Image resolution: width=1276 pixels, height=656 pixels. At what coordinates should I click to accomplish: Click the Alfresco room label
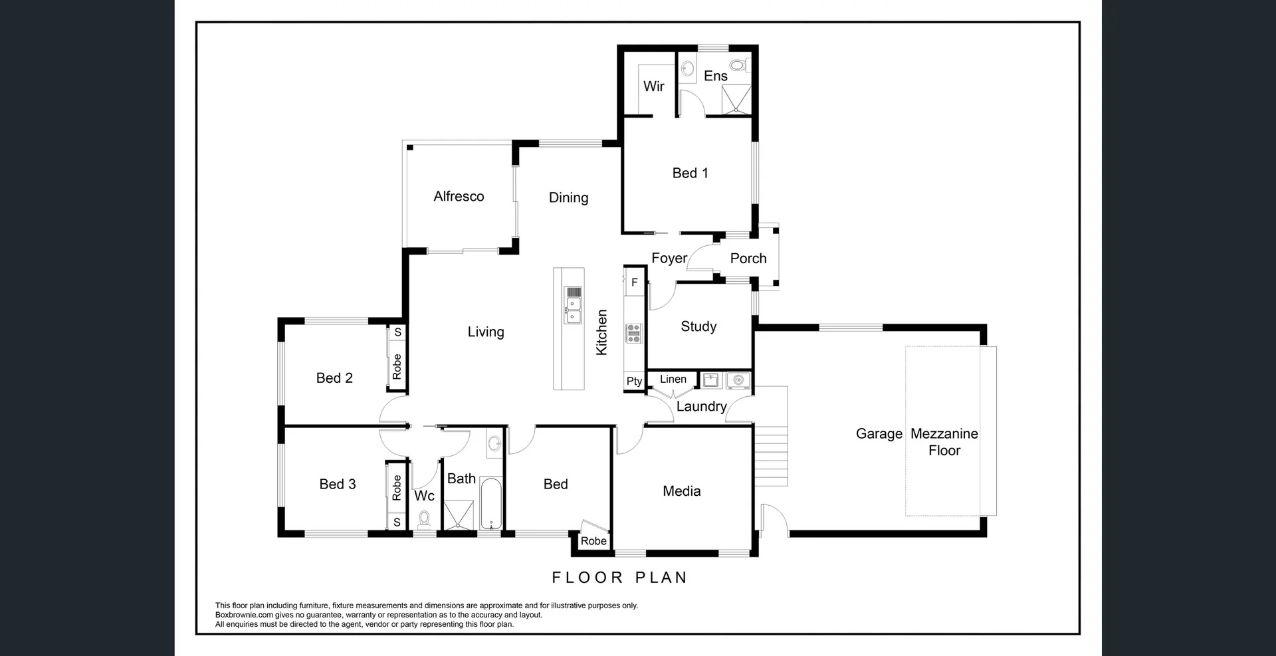[459, 196]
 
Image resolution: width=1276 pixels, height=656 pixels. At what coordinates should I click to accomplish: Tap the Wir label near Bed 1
[653, 86]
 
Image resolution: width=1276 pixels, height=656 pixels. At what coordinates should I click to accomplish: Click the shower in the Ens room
[736, 100]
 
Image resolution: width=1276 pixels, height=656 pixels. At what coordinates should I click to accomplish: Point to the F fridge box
[635, 282]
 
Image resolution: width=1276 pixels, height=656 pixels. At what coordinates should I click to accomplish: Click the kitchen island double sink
[572, 310]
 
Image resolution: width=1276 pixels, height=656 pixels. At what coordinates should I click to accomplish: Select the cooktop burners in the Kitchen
[634, 333]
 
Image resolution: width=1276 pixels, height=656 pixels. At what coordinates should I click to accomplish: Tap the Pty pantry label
[634, 381]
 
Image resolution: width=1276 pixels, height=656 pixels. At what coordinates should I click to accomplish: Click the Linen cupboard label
[673, 379]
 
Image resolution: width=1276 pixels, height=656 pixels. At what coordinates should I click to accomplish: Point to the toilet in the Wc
[424, 520]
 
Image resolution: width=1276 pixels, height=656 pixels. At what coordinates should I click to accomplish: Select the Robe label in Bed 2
[397, 366]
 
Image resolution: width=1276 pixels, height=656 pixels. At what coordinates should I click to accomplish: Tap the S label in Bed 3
[397, 522]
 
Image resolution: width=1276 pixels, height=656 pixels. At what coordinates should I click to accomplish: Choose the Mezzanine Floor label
[944, 442]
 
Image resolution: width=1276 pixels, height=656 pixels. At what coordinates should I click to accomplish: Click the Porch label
[748, 259]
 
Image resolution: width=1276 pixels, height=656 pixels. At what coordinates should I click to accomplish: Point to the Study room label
[698, 326]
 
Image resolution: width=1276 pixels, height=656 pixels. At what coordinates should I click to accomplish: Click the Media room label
[681, 491]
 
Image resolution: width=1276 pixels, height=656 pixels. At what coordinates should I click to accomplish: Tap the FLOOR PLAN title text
[619, 578]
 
